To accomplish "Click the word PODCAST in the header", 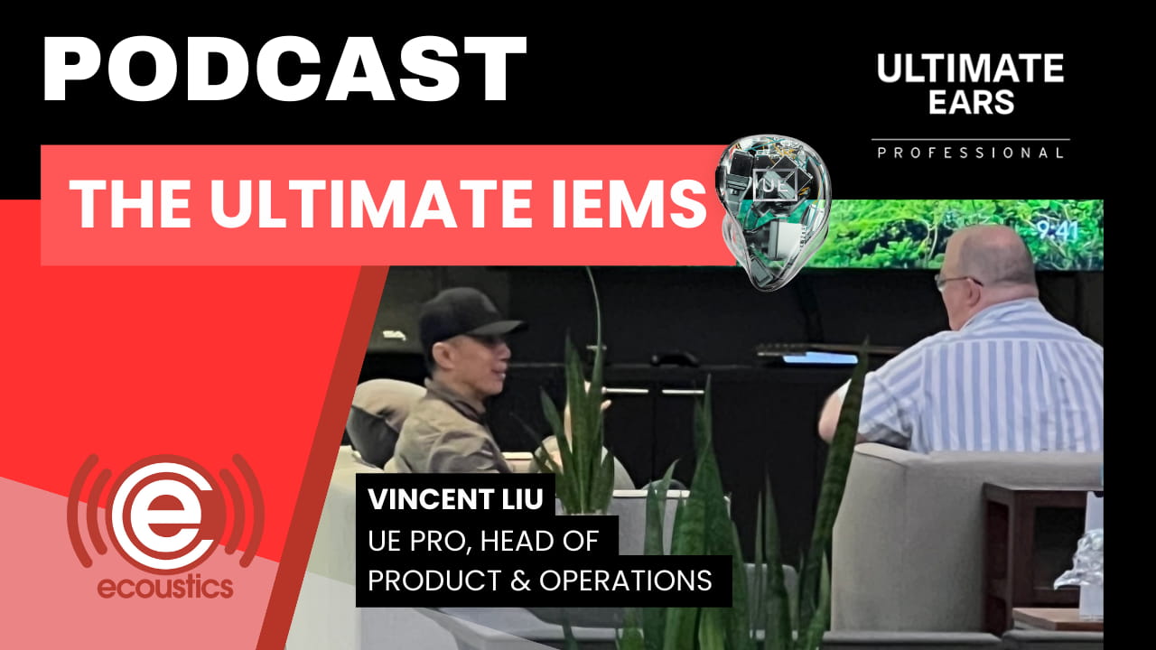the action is [x=284, y=70].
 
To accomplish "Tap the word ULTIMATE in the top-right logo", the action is [x=970, y=69].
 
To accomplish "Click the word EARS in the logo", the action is [x=972, y=102].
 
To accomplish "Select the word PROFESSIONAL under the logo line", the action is [x=970, y=153].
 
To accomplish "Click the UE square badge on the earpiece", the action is [x=775, y=183].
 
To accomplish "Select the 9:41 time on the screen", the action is [x=1058, y=230].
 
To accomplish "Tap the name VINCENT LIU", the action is [x=456, y=499].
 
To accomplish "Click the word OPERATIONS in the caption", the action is [x=626, y=580].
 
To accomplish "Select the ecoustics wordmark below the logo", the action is [x=165, y=588].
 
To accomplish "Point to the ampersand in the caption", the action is [x=520, y=580].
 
